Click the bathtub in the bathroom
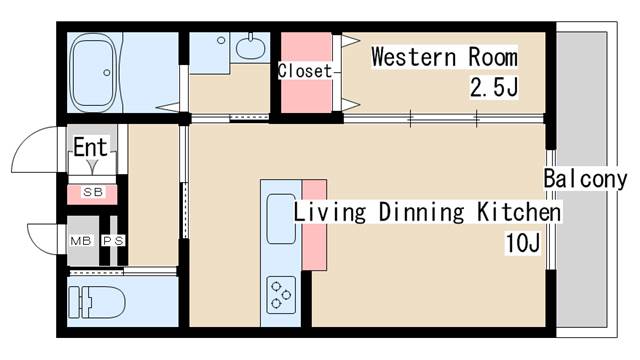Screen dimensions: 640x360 (93, 72)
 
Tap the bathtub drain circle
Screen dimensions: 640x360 (107, 73)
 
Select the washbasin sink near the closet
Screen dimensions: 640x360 (250, 48)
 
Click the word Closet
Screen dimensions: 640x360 (305, 71)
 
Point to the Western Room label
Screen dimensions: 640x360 (444, 57)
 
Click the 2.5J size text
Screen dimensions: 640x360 (494, 87)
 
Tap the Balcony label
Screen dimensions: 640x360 (586, 179)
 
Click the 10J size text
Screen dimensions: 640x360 (523, 242)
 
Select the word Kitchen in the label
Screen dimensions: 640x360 (519, 212)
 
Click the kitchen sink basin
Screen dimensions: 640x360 (281, 219)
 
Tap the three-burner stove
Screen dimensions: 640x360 (281, 295)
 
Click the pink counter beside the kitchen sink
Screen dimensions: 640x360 (314, 224)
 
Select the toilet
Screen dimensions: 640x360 (97, 302)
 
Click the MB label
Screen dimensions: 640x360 (81, 241)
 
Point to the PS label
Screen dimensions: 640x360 (113, 241)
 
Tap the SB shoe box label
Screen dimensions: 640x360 (93, 192)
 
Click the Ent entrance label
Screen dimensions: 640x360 (91, 147)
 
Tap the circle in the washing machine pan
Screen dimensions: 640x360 (221, 40)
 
